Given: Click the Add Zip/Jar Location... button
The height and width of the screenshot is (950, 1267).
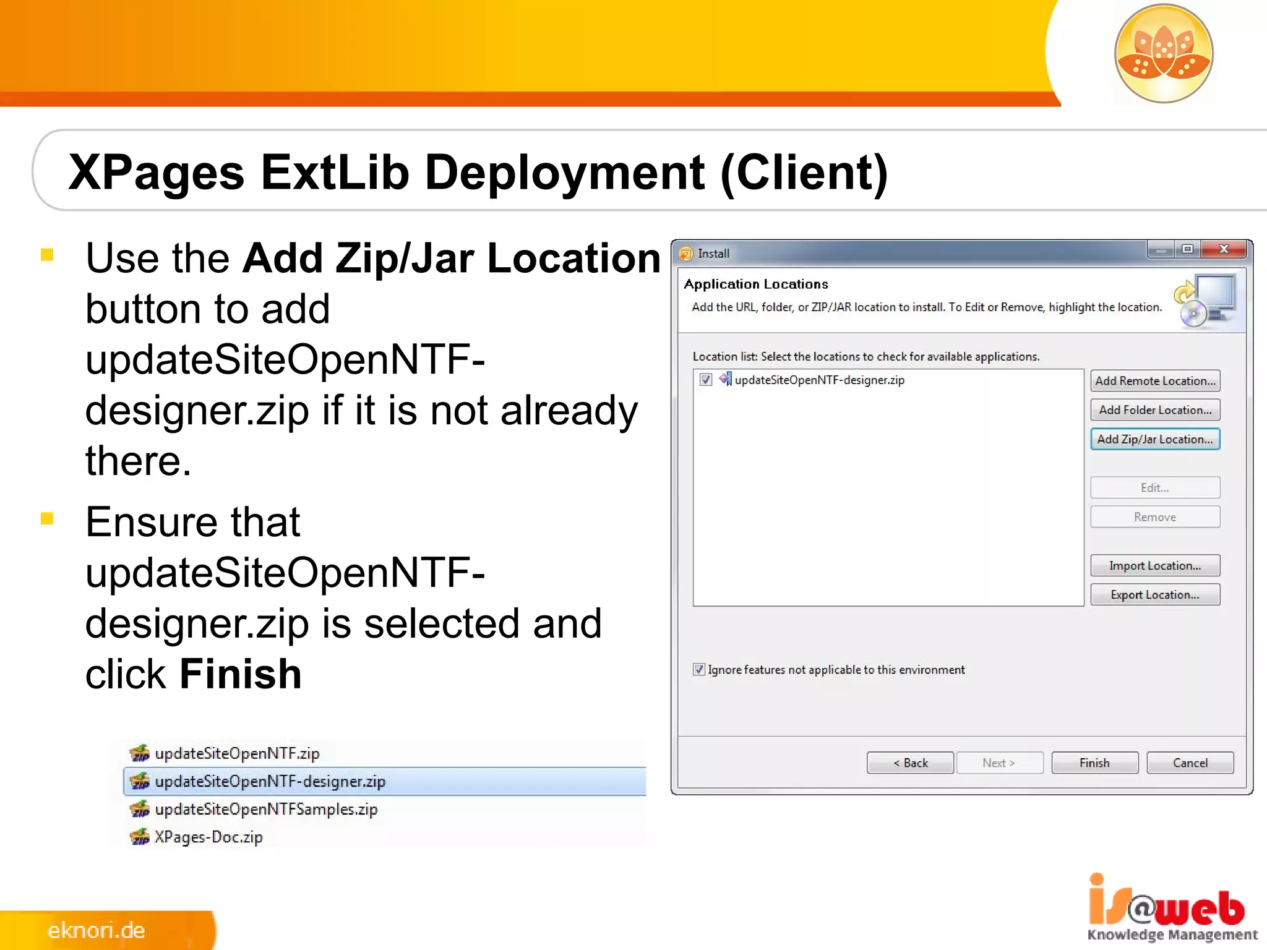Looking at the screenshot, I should coord(1154,439).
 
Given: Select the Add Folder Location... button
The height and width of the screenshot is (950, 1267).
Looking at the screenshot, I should coord(1154,410).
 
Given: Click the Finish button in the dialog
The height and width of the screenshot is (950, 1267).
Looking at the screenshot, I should coord(1094,763).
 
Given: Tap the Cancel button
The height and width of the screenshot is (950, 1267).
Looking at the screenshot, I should coord(1190,763).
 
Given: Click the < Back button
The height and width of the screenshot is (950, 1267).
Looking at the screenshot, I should coord(909,763).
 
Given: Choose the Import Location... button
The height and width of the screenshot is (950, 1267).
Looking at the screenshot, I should coord(1154,565).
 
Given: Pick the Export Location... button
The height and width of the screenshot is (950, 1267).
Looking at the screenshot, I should coord(1154,594).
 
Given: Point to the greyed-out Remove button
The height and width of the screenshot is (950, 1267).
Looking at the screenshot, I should coord(1154,517).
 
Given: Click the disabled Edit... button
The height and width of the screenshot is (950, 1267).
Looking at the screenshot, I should coord(1154,488).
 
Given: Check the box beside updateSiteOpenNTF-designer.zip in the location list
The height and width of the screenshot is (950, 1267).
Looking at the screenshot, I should coord(706,380).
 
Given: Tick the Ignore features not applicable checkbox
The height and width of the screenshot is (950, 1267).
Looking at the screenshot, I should coord(699,669).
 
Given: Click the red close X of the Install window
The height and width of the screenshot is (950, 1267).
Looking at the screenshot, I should coord(1224,249).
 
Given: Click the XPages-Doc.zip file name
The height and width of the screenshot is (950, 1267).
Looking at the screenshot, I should coord(208,837).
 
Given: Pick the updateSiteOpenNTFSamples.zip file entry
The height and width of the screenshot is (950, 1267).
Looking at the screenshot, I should coord(266,809).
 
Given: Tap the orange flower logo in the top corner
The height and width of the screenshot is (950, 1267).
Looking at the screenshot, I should coord(1163,53).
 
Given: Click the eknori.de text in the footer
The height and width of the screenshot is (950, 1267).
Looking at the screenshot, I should coord(97,930).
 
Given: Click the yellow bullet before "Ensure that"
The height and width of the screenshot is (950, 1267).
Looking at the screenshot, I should coord(47,518).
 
